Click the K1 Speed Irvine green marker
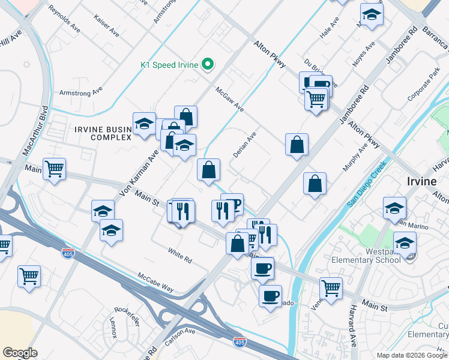208,64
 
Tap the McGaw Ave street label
230,98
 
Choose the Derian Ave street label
245,145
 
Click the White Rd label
180,256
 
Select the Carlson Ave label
181,334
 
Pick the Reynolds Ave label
65,19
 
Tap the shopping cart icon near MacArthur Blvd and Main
54,170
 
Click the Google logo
20,353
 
